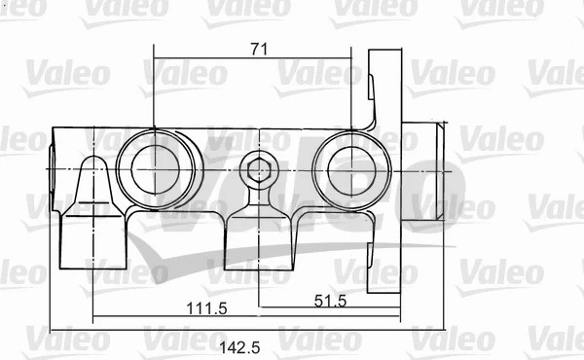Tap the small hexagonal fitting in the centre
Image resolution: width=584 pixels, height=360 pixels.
coord(259,172)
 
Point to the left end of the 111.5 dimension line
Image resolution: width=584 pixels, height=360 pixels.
coord(91,316)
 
